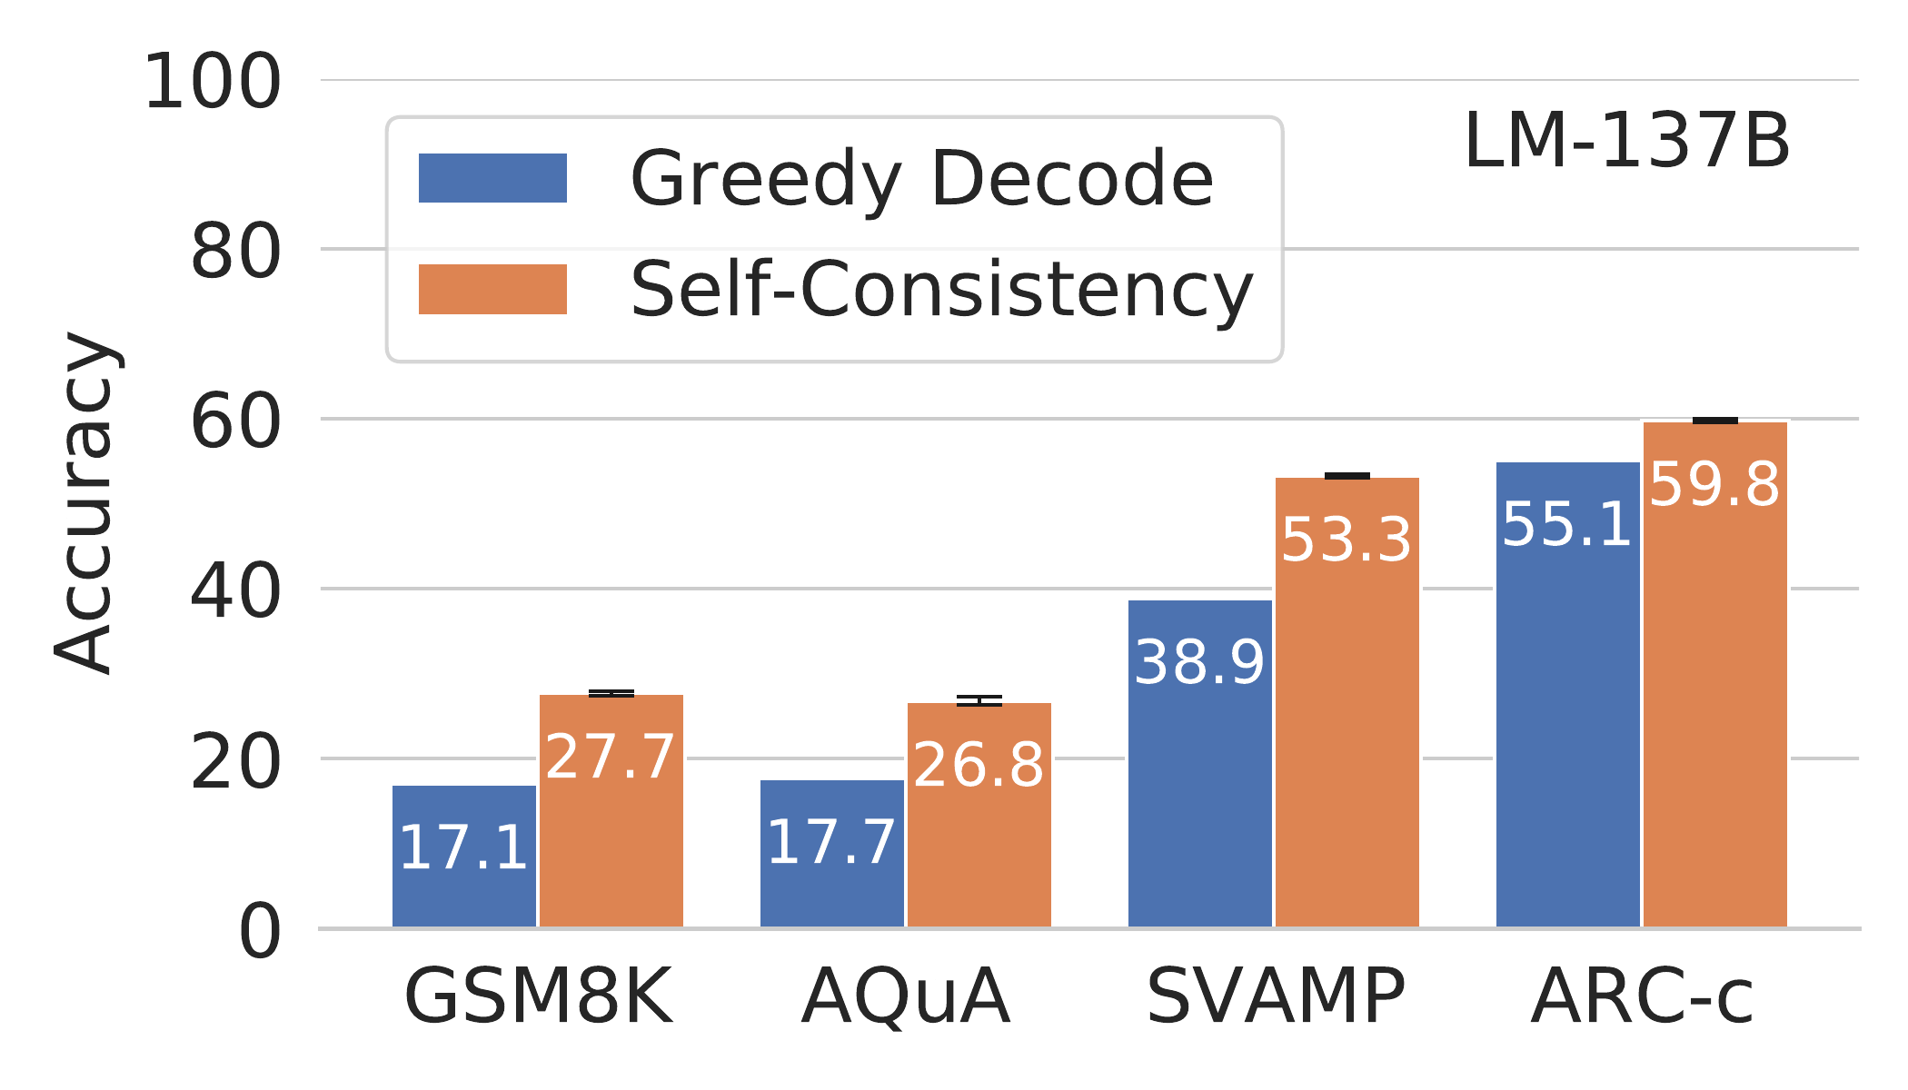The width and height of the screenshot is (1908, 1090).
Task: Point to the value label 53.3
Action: tap(1347, 540)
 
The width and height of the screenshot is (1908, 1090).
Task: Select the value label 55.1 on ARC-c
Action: tap(1567, 525)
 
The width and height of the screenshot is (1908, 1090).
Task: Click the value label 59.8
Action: tap(1714, 484)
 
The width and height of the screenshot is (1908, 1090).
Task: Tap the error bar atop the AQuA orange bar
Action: tap(979, 700)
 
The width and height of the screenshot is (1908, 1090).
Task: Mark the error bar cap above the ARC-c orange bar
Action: tap(1714, 421)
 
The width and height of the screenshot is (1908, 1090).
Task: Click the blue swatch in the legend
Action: tap(492, 178)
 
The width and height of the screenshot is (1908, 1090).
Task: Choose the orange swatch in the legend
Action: tap(492, 289)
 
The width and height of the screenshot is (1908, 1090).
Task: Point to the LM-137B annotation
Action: tap(1626, 143)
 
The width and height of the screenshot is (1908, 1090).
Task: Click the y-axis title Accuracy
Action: tap(84, 504)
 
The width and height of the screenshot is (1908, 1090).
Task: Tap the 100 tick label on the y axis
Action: tap(213, 84)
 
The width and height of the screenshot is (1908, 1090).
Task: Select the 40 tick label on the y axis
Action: tap(234, 592)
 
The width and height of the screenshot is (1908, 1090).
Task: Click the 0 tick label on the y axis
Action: tap(259, 933)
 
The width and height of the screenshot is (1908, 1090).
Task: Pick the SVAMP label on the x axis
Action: tap(1275, 997)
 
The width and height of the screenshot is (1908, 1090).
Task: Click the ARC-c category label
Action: tap(1641, 997)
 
